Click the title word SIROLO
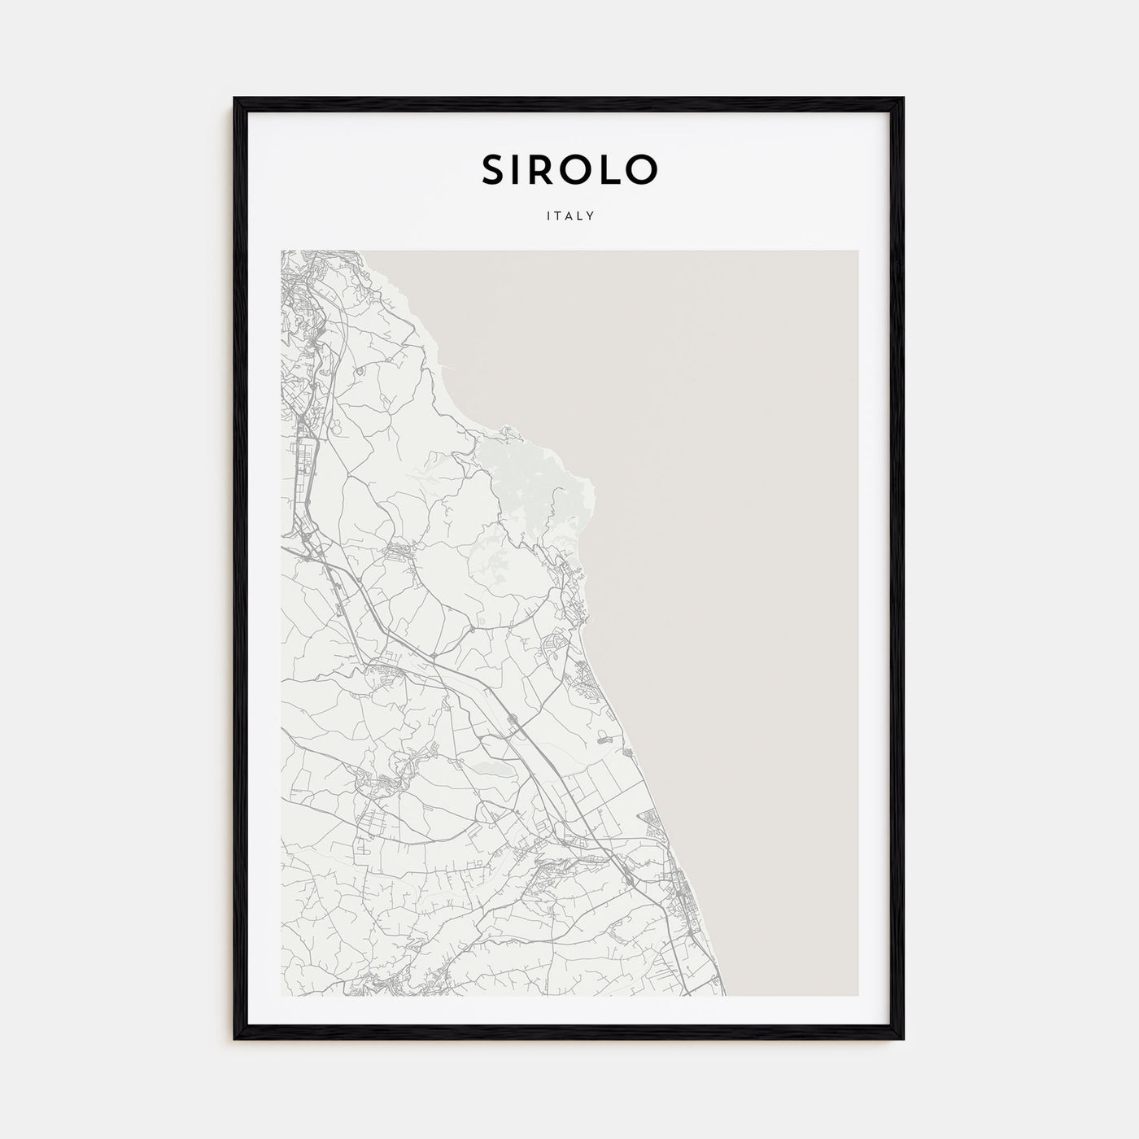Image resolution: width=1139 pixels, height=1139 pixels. pyautogui.click(x=569, y=169)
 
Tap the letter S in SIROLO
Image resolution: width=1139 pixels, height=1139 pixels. pyautogui.click(x=494, y=169)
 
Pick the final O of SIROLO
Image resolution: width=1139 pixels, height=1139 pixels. pyautogui.click(x=644, y=169)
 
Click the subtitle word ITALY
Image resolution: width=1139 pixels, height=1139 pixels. pyautogui.click(x=569, y=216)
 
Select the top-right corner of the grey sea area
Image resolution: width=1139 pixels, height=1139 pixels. pyautogui.click(x=858, y=251)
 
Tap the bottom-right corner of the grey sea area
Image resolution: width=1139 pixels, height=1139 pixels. pyautogui.click(x=858, y=995)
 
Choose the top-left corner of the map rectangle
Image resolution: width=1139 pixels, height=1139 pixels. pyautogui.click(x=281, y=251)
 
